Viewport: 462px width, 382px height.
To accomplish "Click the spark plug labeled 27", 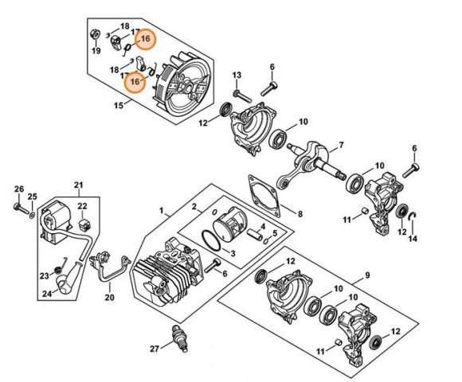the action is click(179, 337).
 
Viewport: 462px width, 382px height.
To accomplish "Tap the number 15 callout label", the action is click(119, 105).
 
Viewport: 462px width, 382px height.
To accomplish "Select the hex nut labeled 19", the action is click(95, 34).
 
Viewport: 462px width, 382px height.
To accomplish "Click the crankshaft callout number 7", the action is click(341, 145).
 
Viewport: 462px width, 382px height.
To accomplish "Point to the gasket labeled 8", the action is click(264, 196).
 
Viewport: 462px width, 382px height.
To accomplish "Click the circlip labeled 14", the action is click(412, 217).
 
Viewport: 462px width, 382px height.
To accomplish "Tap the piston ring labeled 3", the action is click(211, 240).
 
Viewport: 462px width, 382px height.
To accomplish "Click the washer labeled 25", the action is click(32, 213).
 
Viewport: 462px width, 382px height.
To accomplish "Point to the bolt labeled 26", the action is click(21, 208).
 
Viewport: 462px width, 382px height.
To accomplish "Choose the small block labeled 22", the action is click(84, 224).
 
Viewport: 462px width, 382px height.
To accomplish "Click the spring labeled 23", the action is click(60, 265).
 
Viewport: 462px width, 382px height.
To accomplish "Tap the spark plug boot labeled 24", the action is click(69, 278).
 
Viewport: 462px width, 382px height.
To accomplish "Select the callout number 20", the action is click(109, 297).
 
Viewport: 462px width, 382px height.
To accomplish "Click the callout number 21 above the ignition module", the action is click(78, 185).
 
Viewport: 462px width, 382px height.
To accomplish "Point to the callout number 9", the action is click(367, 275).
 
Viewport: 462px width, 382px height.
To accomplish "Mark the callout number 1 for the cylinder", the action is click(161, 210).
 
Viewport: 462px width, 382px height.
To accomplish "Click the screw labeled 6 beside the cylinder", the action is click(213, 266).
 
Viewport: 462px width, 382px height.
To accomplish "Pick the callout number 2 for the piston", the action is click(194, 207).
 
